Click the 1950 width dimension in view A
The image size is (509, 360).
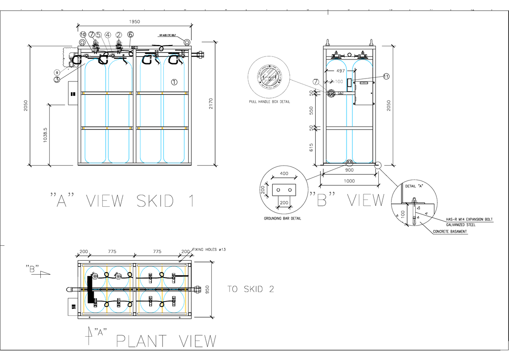[135, 21]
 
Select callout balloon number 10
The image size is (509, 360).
[82, 34]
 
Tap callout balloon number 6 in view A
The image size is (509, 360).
[130, 34]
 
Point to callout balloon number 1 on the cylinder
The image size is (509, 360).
[174, 82]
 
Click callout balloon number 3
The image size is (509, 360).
[57, 79]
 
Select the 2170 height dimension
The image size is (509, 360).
[210, 103]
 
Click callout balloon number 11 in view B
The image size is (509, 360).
[386, 76]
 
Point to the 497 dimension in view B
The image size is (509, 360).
[340, 71]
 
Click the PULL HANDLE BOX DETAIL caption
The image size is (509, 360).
[269, 102]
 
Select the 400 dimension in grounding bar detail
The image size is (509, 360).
[284, 174]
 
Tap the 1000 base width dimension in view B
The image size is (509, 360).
[350, 181]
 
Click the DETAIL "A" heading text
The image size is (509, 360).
[414, 186]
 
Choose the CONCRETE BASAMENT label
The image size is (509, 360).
[450, 232]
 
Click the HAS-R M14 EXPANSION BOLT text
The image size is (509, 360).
[470, 219]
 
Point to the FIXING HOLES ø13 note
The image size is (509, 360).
[209, 250]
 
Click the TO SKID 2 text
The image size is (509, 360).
[251, 290]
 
